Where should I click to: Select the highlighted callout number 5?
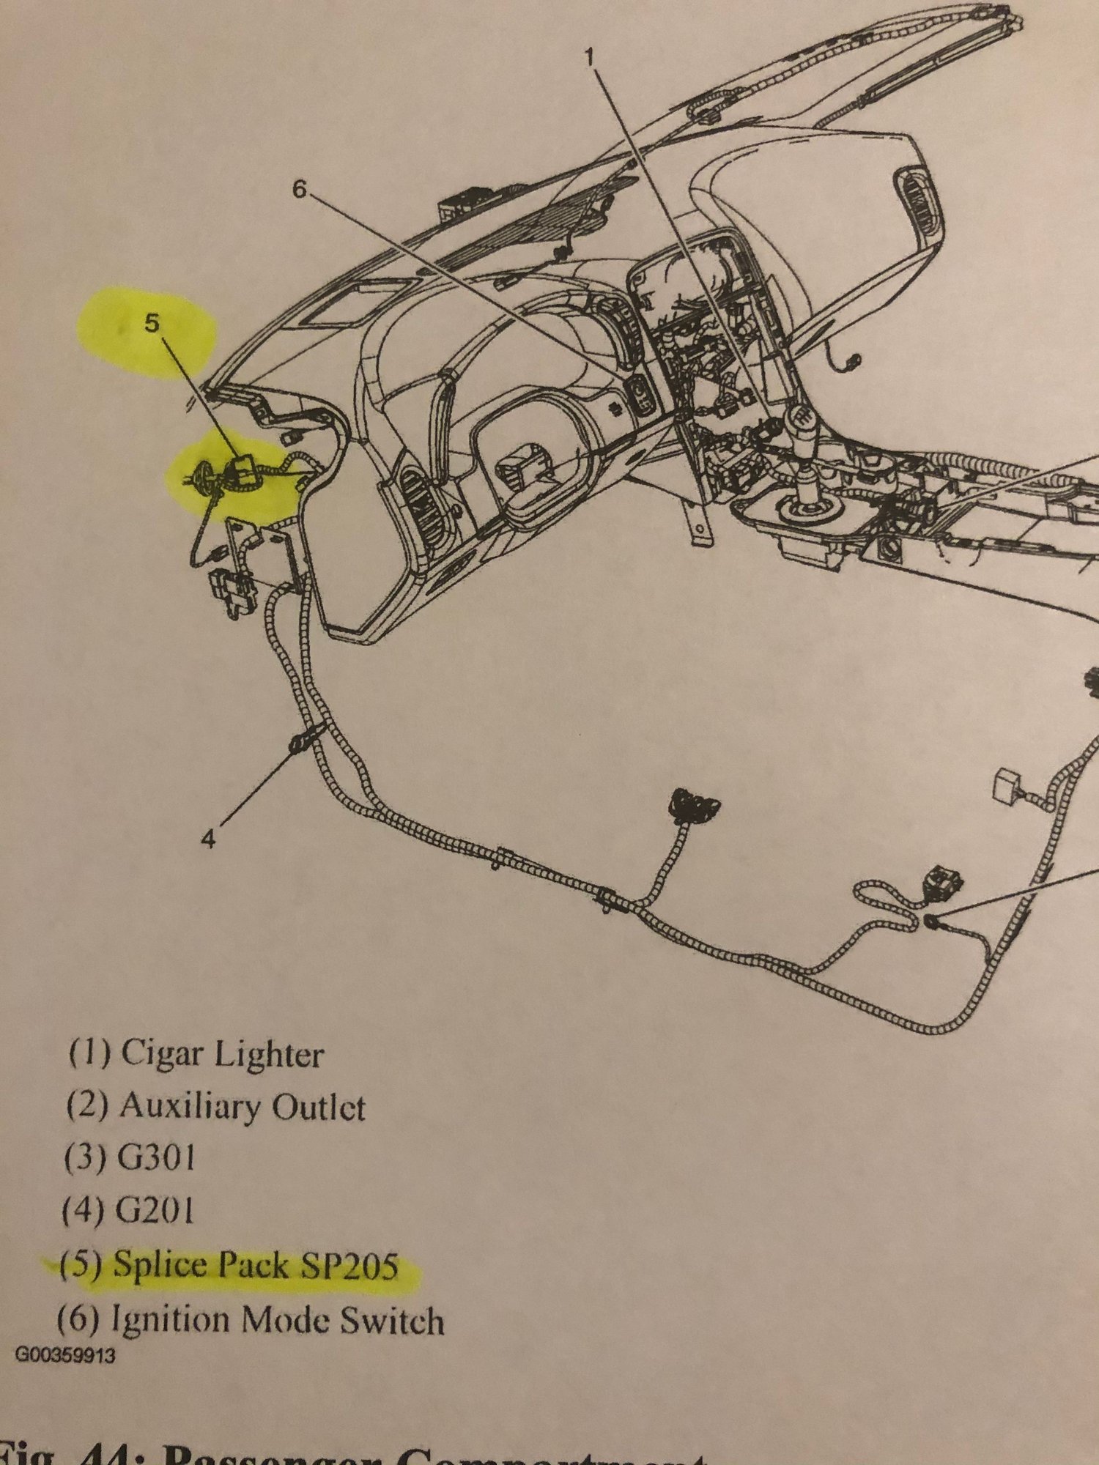pos(151,323)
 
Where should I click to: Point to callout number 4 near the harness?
pos(210,839)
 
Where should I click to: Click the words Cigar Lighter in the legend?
pos(222,1055)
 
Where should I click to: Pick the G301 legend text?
pos(156,1158)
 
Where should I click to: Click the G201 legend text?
pos(155,1211)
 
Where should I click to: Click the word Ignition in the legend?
pos(170,1320)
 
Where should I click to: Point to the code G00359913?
pos(64,1356)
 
